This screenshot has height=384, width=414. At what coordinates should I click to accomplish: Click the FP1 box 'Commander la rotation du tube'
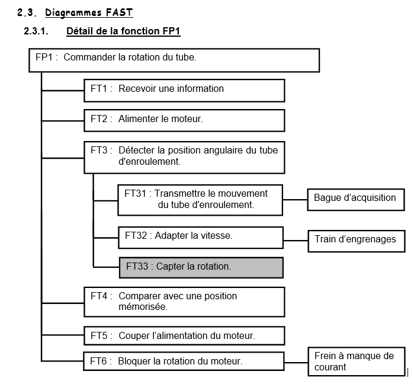click(174, 59)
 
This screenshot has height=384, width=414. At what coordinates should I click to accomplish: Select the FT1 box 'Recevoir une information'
click(184, 89)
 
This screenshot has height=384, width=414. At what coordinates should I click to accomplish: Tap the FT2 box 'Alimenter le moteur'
click(184, 120)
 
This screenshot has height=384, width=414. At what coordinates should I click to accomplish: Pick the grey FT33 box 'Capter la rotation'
click(200, 267)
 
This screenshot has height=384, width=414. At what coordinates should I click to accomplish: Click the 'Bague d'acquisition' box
click(355, 199)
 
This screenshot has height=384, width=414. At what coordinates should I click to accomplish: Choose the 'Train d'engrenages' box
click(355, 240)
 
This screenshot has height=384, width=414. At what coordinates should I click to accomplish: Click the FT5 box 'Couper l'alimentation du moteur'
click(184, 336)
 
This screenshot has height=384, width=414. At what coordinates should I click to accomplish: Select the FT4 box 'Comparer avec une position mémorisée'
click(184, 301)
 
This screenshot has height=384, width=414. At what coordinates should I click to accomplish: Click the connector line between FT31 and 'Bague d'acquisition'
click(295, 199)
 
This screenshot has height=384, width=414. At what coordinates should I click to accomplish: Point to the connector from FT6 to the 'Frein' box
click(296, 360)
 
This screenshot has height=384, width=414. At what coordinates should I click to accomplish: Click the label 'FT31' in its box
click(136, 194)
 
